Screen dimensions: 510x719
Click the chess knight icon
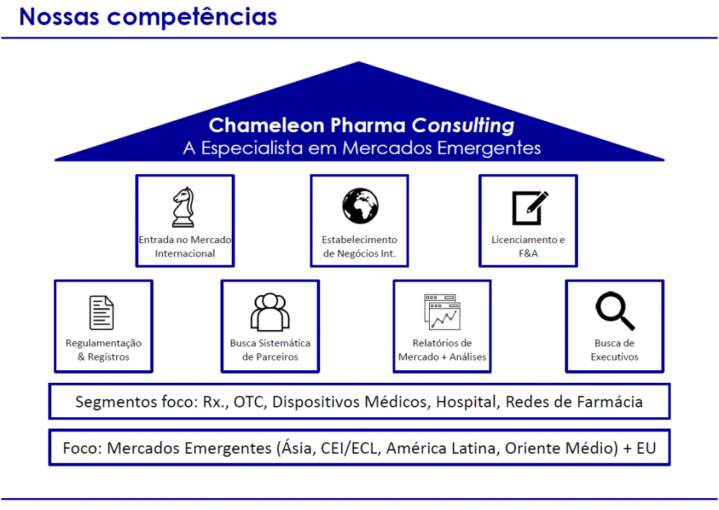[x=184, y=207]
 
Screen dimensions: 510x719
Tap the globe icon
[x=360, y=206]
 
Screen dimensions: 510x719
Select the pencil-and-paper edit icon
[x=529, y=207]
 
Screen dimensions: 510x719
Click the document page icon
[x=102, y=313]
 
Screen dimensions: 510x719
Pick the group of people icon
[x=270, y=311]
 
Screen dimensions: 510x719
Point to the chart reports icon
[x=442, y=313]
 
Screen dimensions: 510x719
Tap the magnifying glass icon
[x=614, y=311]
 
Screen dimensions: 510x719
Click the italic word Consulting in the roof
[x=463, y=126]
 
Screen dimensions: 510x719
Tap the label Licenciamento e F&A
[x=528, y=247]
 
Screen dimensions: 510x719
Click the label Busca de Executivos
[x=614, y=350]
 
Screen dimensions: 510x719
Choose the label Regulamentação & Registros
[x=103, y=350]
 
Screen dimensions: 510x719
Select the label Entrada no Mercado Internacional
[x=185, y=247]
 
